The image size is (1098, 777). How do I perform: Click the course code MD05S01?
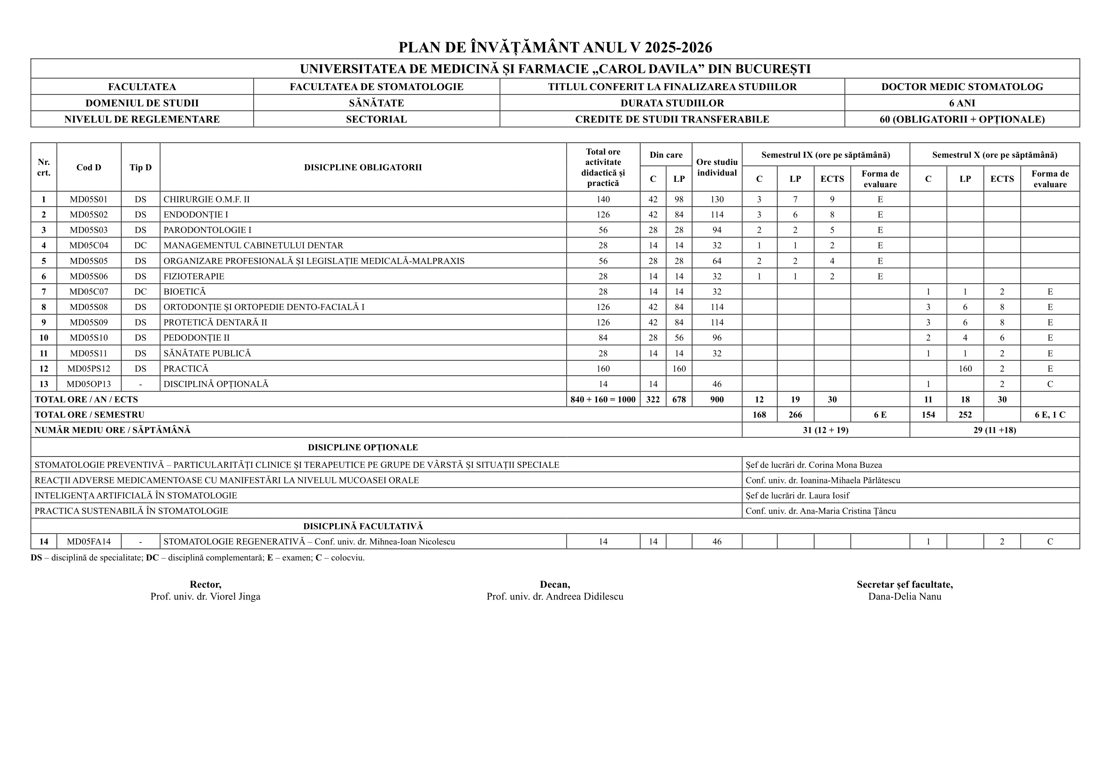click(88, 200)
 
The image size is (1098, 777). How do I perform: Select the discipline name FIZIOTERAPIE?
click(194, 277)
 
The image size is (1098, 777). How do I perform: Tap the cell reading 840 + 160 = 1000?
click(603, 399)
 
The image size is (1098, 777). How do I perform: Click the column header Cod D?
click(88, 167)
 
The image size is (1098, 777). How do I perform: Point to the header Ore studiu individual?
click(716, 167)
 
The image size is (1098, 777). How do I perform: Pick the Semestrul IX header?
click(825, 155)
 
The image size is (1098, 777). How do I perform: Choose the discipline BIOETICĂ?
click(184, 292)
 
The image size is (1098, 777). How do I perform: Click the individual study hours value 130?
click(716, 200)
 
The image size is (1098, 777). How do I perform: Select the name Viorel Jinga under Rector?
click(205, 597)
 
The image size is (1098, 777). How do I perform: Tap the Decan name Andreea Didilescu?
click(555, 597)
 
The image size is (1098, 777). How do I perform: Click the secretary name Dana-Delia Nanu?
click(904, 597)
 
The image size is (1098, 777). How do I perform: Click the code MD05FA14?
click(88, 542)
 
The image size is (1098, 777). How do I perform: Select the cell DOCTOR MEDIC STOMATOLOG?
click(962, 87)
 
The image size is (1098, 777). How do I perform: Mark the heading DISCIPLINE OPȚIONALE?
click(362, 447)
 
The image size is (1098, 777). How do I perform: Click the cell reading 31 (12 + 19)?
click(825, 430)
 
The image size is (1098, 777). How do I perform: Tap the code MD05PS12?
click(88, 369)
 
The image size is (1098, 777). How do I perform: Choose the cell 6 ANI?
click(962, 103)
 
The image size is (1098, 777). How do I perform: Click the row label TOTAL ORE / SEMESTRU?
click(90, 415)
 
